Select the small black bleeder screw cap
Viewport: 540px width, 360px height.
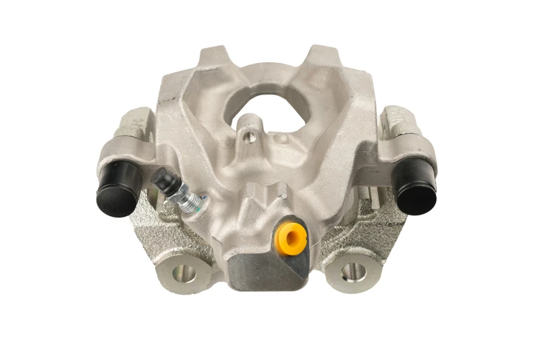point(162,181)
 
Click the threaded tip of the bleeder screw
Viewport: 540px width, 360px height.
point(197,201)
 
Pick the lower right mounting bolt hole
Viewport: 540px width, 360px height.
point(350,273)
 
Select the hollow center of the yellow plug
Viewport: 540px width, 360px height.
point(292,236)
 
